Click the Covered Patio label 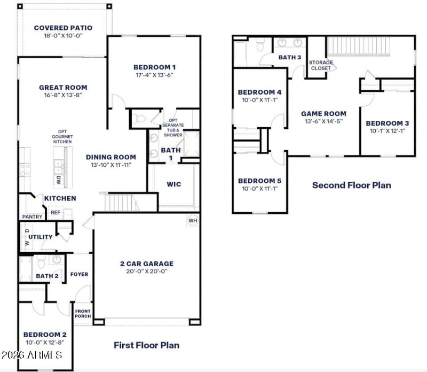click(x=63, y=28)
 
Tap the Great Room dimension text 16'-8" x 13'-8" click(x=63, y=95)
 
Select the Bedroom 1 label click(x=154, y=67)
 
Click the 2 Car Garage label click(x=146, y=263)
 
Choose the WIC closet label click(x=174, y=184)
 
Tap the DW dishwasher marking click(x=58, y=180)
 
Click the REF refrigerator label click(x=56, y=212)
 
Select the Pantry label click(x=32, y=217)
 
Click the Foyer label click(x=79, y=274)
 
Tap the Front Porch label click(x=82, y=314)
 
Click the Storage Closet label click(x=321, y=65)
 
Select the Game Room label click(x=323, y=113)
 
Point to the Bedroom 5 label click(x=259, y=181)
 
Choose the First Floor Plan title click(x=146, y=345)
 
